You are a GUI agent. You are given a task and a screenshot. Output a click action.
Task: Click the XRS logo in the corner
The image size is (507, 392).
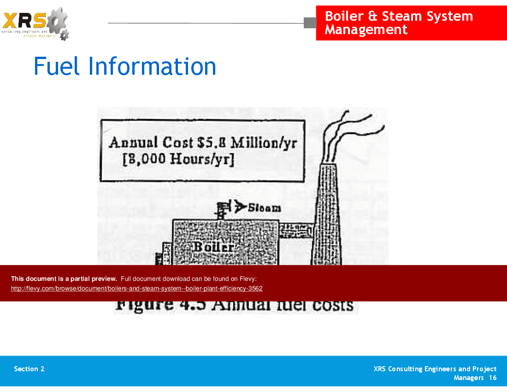tap(35, 23)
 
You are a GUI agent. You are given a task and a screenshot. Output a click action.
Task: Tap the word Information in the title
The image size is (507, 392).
tap(152, 66)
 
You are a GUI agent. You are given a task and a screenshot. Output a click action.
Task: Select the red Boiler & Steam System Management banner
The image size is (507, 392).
tap(411, 23)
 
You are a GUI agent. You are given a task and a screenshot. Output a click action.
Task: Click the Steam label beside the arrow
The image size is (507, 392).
tap(265, 208)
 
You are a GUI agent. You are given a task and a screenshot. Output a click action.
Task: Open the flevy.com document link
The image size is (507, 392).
tap(137, 289)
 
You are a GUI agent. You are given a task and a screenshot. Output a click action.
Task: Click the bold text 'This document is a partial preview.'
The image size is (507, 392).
tap(64, 279)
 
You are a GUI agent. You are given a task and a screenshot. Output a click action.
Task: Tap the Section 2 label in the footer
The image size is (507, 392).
tap(29, 369)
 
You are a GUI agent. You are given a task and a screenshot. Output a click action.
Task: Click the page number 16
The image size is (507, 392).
tap(493, 378)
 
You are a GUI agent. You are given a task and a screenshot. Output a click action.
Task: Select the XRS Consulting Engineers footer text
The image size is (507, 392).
tap(435, 369)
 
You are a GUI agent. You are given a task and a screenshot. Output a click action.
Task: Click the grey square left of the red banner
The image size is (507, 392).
tap(310, 23)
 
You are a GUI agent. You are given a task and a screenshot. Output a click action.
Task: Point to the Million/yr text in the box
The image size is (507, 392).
tap(264, 143)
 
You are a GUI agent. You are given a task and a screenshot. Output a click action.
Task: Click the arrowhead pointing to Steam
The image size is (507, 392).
tap(239, 207)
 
